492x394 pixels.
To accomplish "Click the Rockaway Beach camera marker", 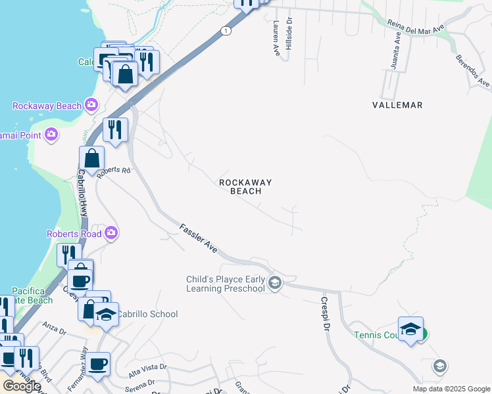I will click(91, 105).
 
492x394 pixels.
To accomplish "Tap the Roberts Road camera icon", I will click(111, 233).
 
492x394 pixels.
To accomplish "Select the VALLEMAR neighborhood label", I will click(397, 105).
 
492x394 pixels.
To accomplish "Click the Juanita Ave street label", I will click(397, 48).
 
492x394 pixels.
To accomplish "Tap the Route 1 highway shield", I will click(226, 31).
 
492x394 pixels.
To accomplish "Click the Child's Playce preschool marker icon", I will click(275, 283).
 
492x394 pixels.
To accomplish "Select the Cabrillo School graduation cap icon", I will click(105, 315).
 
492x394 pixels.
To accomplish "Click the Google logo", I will click(22, 386).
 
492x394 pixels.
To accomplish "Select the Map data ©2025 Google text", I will click(451, 389).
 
